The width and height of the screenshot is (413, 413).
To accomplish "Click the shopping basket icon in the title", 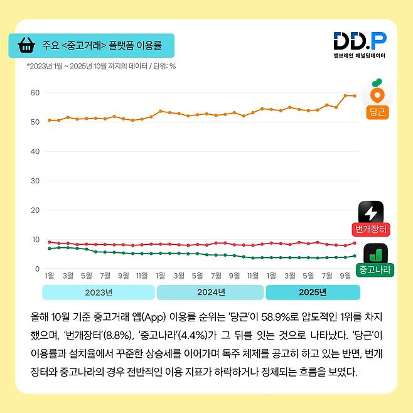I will tap(26, 45).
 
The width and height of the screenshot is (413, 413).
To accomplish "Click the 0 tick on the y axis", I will tap(36, 269).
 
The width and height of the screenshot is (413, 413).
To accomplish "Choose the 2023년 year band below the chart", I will tap(98, 292).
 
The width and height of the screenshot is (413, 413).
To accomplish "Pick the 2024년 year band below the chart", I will tap(210, 292).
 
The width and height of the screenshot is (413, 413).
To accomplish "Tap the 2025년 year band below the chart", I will tap(313, 292).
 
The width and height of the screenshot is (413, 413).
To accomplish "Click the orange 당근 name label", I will tap(377, 113).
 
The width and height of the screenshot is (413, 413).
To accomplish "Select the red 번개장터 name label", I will tap(371, 228).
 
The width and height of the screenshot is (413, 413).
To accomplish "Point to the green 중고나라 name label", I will tap(374, 271).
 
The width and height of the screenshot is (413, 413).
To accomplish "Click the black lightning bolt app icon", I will tap(371, 212).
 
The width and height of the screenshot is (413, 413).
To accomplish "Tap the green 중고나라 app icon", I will tap(376, 254).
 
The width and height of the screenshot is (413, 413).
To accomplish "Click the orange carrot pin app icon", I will tap(377, 92).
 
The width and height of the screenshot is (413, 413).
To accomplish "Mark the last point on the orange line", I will tap(355, 96).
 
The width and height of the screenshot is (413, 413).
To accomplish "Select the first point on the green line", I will tap(50, 249).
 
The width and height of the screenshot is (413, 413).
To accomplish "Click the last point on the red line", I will tap(355, 243).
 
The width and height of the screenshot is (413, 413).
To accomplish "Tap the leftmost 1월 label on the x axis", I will tap(50, 275).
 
